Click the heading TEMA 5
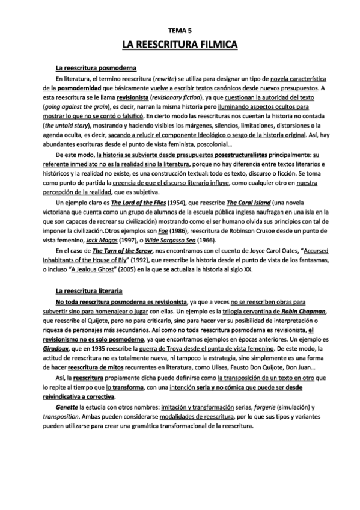click(x=180, y=29)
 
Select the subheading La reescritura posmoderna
click(x=96, y=67)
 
